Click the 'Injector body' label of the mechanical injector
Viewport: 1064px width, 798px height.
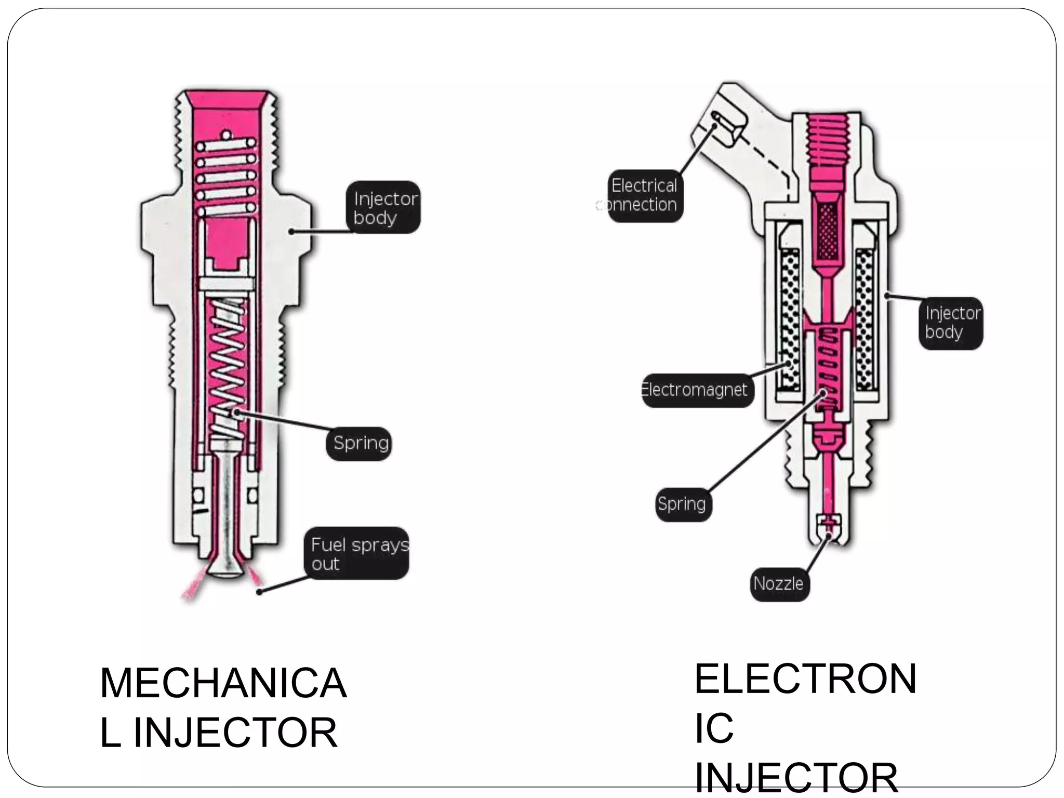[x=383, y=207]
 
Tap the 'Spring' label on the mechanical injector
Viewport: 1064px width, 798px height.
[x=359, y=443]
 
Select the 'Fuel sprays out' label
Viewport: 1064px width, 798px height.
[x=357, y=554]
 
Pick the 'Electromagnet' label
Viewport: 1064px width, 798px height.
[x=696, y=390]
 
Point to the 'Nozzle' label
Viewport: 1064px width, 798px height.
[x=779, y=583]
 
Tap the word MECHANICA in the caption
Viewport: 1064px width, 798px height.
[x=223, y=683]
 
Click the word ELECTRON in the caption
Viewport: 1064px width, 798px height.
[x=805, y=679]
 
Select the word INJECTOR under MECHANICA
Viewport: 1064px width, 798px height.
[x=236, y=733]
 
